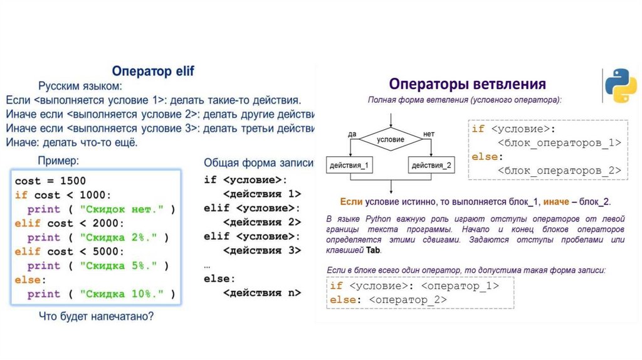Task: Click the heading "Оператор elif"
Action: (x=153, y=71)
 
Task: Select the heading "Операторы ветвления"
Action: (x=467, y=84)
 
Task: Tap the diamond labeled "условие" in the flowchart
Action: (x=391, y=140)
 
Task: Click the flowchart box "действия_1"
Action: (x=349, y=166)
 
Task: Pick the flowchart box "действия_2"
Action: (x=432, y=166)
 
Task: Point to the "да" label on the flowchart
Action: (x=352, y=134)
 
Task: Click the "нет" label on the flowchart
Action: (x=429, y=134)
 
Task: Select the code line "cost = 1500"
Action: (x=50, y=181)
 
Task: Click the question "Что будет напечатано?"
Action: (x=96, y=316)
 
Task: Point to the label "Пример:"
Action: (x=59, y=161)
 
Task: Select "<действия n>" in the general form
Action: (x=262, y=293)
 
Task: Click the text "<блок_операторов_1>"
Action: (x=559, y=142)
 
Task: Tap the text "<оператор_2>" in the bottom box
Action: (x=408, y=300)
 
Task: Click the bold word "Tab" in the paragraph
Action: (x=374, y=250)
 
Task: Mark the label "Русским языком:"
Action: (x=80, y=86)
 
